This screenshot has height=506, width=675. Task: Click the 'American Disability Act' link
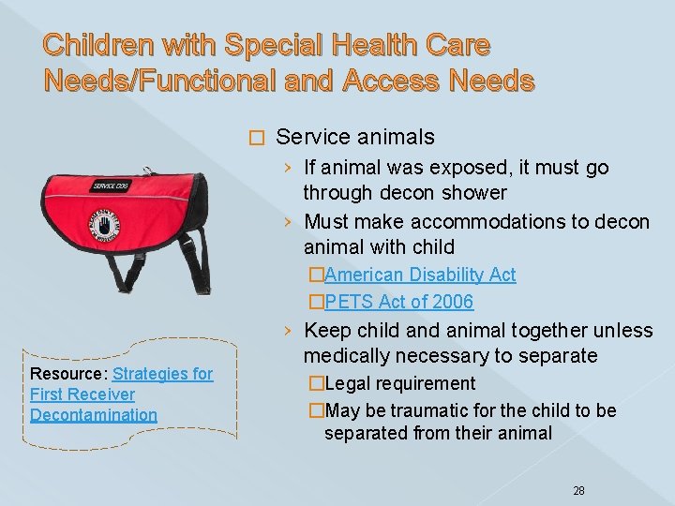click(420, 275)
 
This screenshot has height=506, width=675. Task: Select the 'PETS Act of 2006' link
click(398, 302)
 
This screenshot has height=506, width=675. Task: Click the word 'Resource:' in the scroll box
click(68, 374)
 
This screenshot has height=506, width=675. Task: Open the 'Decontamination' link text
click(94, 415)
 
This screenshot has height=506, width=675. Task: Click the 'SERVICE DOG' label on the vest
click(111, 186)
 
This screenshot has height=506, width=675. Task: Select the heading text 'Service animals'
click(355, 137)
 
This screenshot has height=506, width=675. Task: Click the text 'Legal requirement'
click(400, 383)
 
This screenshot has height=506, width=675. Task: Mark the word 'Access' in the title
click(387, 82)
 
